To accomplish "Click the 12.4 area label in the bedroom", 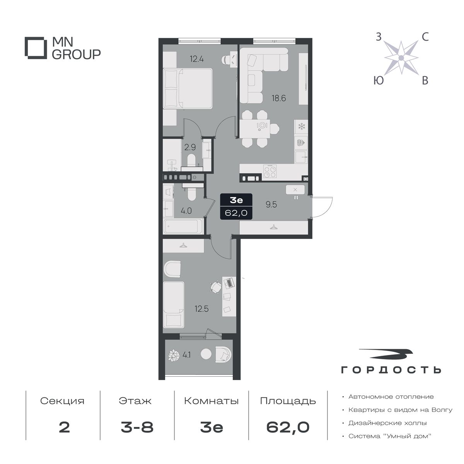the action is [x=197, y=59].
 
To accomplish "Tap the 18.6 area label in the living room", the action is [x=279, y=98].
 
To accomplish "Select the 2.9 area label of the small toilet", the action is [x=190, y=147].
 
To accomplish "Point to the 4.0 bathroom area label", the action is [x=186, y=211].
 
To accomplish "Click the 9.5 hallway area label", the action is [x=271, y=205].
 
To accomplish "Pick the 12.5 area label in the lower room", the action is [x=202, y=309].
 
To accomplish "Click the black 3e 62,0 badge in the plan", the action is [x=236, y=206].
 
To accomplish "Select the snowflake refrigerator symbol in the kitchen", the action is [x=301, y=126].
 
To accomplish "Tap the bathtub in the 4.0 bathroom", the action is [x=184, y=226].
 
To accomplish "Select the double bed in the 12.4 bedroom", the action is [x=188, y=89].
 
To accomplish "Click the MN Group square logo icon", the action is [x=34, y=48].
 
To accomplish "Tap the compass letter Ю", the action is [x=379, y=80].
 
